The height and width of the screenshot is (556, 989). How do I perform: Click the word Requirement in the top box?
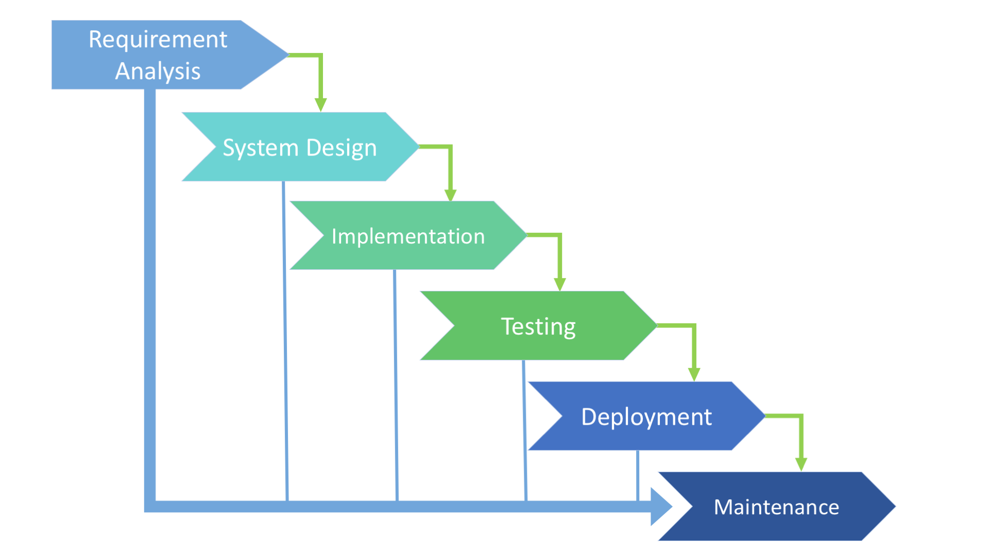tap(158, 40)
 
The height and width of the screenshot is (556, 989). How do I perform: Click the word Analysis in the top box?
tap(158, 71)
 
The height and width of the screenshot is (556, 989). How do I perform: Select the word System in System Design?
tap(260, 148)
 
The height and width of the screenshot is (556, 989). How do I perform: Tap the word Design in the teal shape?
tap(341, 148)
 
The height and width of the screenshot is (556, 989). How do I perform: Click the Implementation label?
tap(408, 236)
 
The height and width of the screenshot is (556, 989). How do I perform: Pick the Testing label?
tap(538, 326)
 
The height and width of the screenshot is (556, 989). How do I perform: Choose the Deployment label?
tap(646, 417)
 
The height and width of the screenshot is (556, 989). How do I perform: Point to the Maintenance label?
tap(776, 507)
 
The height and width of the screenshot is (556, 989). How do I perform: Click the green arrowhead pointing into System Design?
tap(320, 105)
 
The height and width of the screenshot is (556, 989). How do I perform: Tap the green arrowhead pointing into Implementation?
tap(451, 195)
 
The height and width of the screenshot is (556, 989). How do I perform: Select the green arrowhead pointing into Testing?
tap(560, 284)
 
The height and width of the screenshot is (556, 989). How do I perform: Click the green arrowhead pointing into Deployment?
tap(694, 374)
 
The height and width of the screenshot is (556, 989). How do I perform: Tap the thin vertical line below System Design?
tap(285, 340)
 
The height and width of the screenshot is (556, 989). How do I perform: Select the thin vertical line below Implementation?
tap(396, 386)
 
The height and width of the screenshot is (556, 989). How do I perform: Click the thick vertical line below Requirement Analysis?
tap(150, 299)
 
